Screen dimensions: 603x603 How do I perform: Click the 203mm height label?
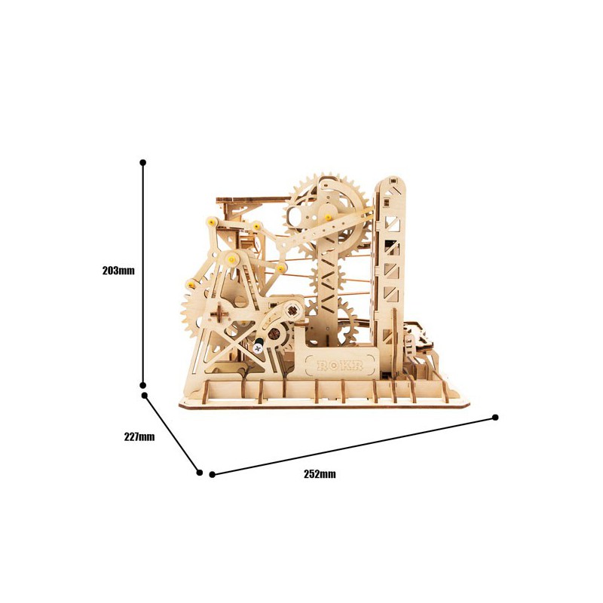tap(118, 270)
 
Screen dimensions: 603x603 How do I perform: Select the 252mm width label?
tap(320, 474)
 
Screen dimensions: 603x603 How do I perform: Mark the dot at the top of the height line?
tap(143, 162)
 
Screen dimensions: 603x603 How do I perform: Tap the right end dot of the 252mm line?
tap(496, 417)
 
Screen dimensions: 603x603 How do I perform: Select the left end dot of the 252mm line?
tap(213, 474)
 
